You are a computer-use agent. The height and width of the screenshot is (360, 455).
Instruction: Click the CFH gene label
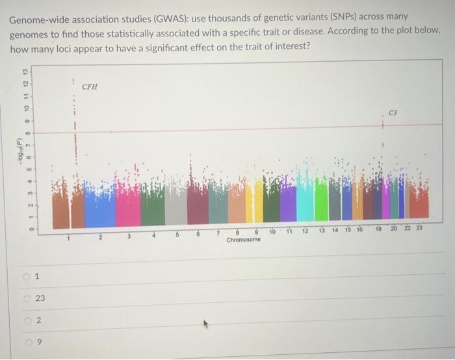[90, 86]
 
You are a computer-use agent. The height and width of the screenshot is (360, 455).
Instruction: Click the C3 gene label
[392, 112]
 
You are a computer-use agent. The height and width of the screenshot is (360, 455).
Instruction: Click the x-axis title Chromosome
[244, 240]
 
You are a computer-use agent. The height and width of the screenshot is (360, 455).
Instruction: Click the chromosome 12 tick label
[305, 231]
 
